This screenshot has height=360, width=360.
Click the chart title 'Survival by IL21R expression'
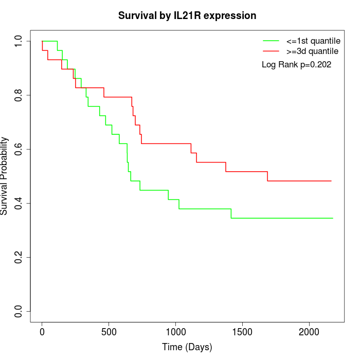coord(187,15)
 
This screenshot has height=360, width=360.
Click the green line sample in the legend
coord(271,41)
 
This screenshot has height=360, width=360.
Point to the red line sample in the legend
coord(271,51)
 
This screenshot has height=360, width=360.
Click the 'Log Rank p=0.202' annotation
coord(296,65)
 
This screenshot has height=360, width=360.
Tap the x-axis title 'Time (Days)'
coord(187,347)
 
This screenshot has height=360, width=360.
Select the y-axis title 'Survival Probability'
coord(5,176)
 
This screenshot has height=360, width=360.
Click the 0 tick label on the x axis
coord(42,331)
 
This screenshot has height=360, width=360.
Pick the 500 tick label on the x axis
coord(109,331)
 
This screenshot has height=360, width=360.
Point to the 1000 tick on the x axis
coord(176,331)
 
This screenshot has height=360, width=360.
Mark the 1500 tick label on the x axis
coord(242,331)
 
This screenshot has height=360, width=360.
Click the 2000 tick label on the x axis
coord(309,331)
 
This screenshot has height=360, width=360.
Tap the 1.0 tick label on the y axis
coord(19,41)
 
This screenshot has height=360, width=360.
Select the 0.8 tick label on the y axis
coord(19,95)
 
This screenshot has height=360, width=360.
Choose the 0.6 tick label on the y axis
coord(19,149)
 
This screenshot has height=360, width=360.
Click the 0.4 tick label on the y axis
coord(19,203)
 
